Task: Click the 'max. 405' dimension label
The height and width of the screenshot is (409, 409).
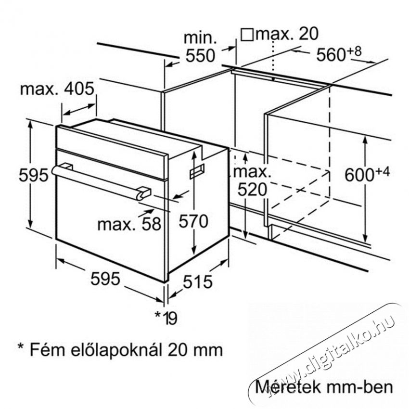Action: point(57,89)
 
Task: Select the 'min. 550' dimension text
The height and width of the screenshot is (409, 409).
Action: point(200,47)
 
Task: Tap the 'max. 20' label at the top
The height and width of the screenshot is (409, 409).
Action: point(287,34)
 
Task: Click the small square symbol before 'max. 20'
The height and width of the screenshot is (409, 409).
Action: point(247,35)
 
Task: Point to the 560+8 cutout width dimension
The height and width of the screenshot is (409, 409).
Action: point(339,53)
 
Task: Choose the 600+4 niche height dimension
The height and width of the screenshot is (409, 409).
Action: point(367,174)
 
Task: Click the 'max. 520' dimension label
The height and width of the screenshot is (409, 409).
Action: point(252,181)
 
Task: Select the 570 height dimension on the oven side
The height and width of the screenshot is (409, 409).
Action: point(193,221)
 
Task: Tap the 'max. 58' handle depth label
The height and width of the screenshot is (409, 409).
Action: point(129,224)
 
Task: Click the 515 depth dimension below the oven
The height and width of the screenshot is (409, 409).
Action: point(197,282)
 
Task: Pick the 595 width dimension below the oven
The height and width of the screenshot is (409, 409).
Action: point(105,279)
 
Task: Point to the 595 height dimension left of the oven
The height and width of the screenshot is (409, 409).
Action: point(33,175)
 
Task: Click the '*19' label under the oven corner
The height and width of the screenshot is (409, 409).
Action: point(166,318)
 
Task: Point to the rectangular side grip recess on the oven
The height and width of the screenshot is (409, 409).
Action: point(197,171)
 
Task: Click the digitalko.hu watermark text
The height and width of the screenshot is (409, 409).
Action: point(326,357)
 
